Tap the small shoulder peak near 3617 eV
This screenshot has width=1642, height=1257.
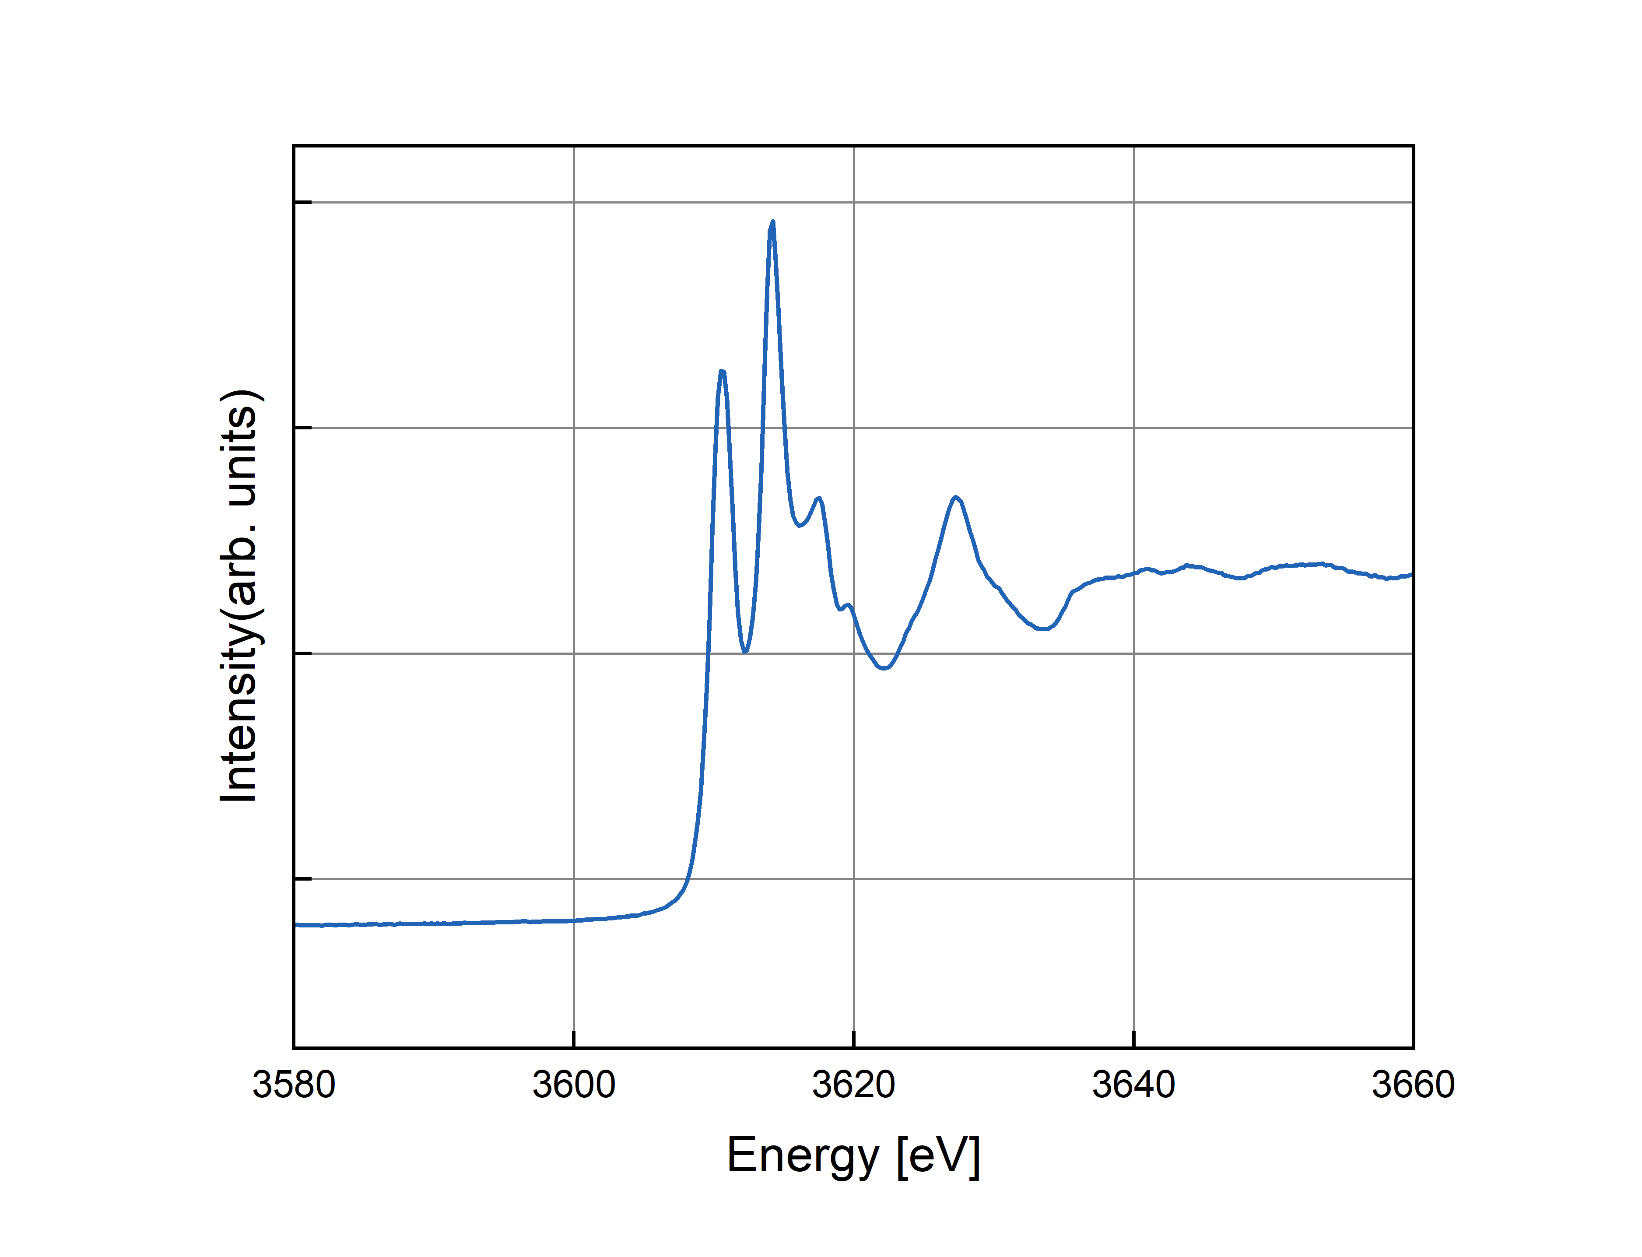pos(819,499)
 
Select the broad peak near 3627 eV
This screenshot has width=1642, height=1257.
pos(956,498)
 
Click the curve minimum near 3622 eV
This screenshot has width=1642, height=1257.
pos(884,667)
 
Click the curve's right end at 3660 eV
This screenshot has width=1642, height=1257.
pos(1411,575)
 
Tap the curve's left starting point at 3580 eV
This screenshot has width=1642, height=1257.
pos(296,925)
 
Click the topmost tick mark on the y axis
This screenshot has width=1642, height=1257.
pos(302,202)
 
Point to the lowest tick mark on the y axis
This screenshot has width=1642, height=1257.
pos(302,878)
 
